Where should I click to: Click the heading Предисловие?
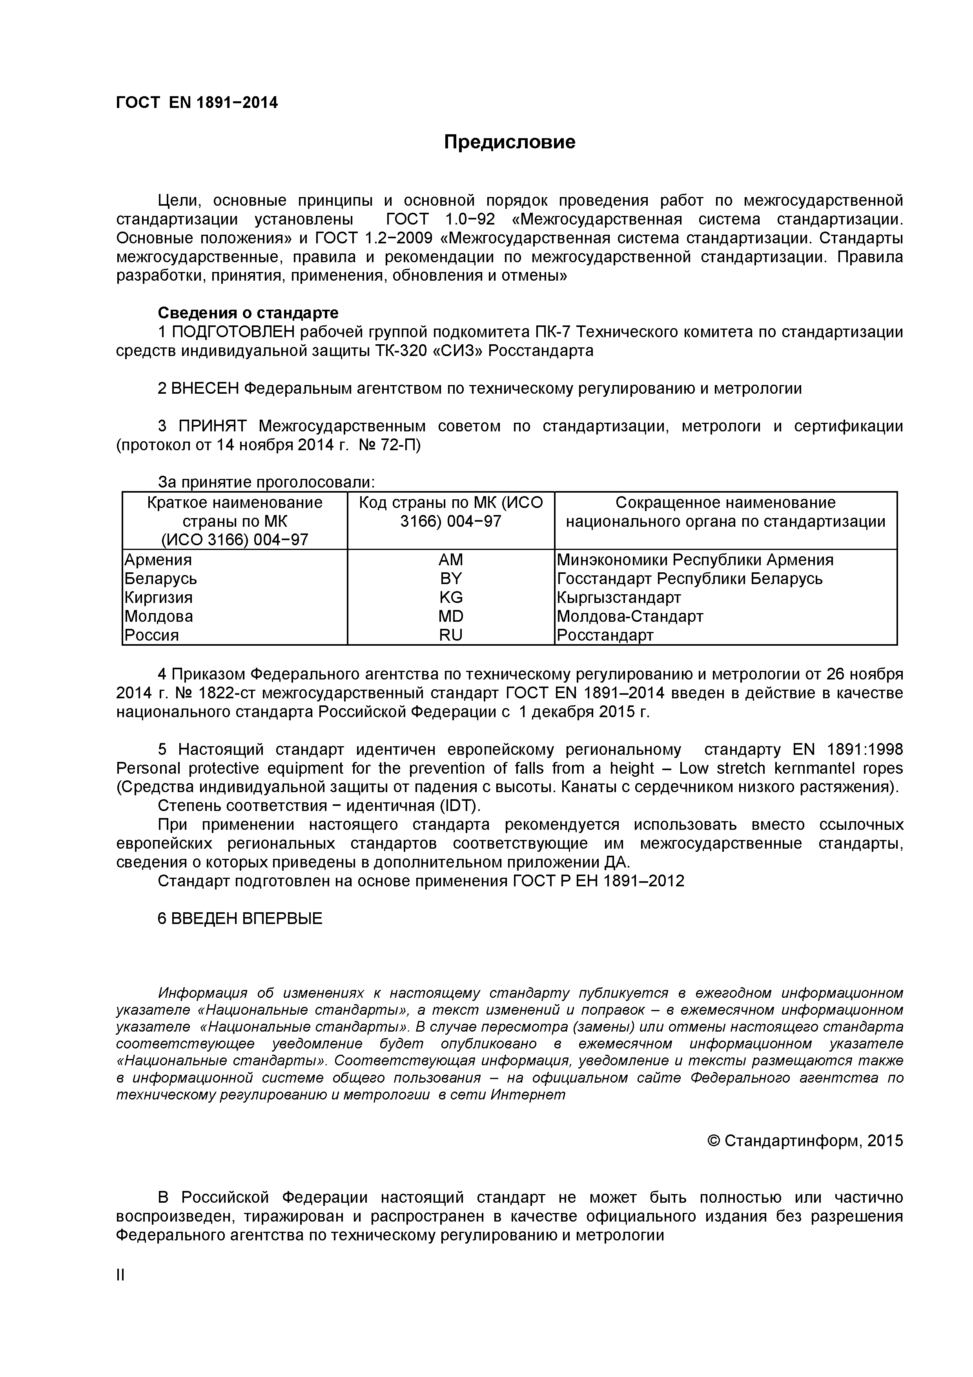click(510, 142)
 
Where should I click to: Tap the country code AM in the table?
click(450, 560)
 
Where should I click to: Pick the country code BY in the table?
click(450, 578)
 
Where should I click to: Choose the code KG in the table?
click(450, 597)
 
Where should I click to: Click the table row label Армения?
click(158, 560)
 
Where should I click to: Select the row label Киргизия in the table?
click(158, 597)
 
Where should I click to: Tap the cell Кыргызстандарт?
click(619, 597)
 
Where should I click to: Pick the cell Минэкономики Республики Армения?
click(695, 560)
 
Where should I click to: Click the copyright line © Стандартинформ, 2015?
click(805, 1140)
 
